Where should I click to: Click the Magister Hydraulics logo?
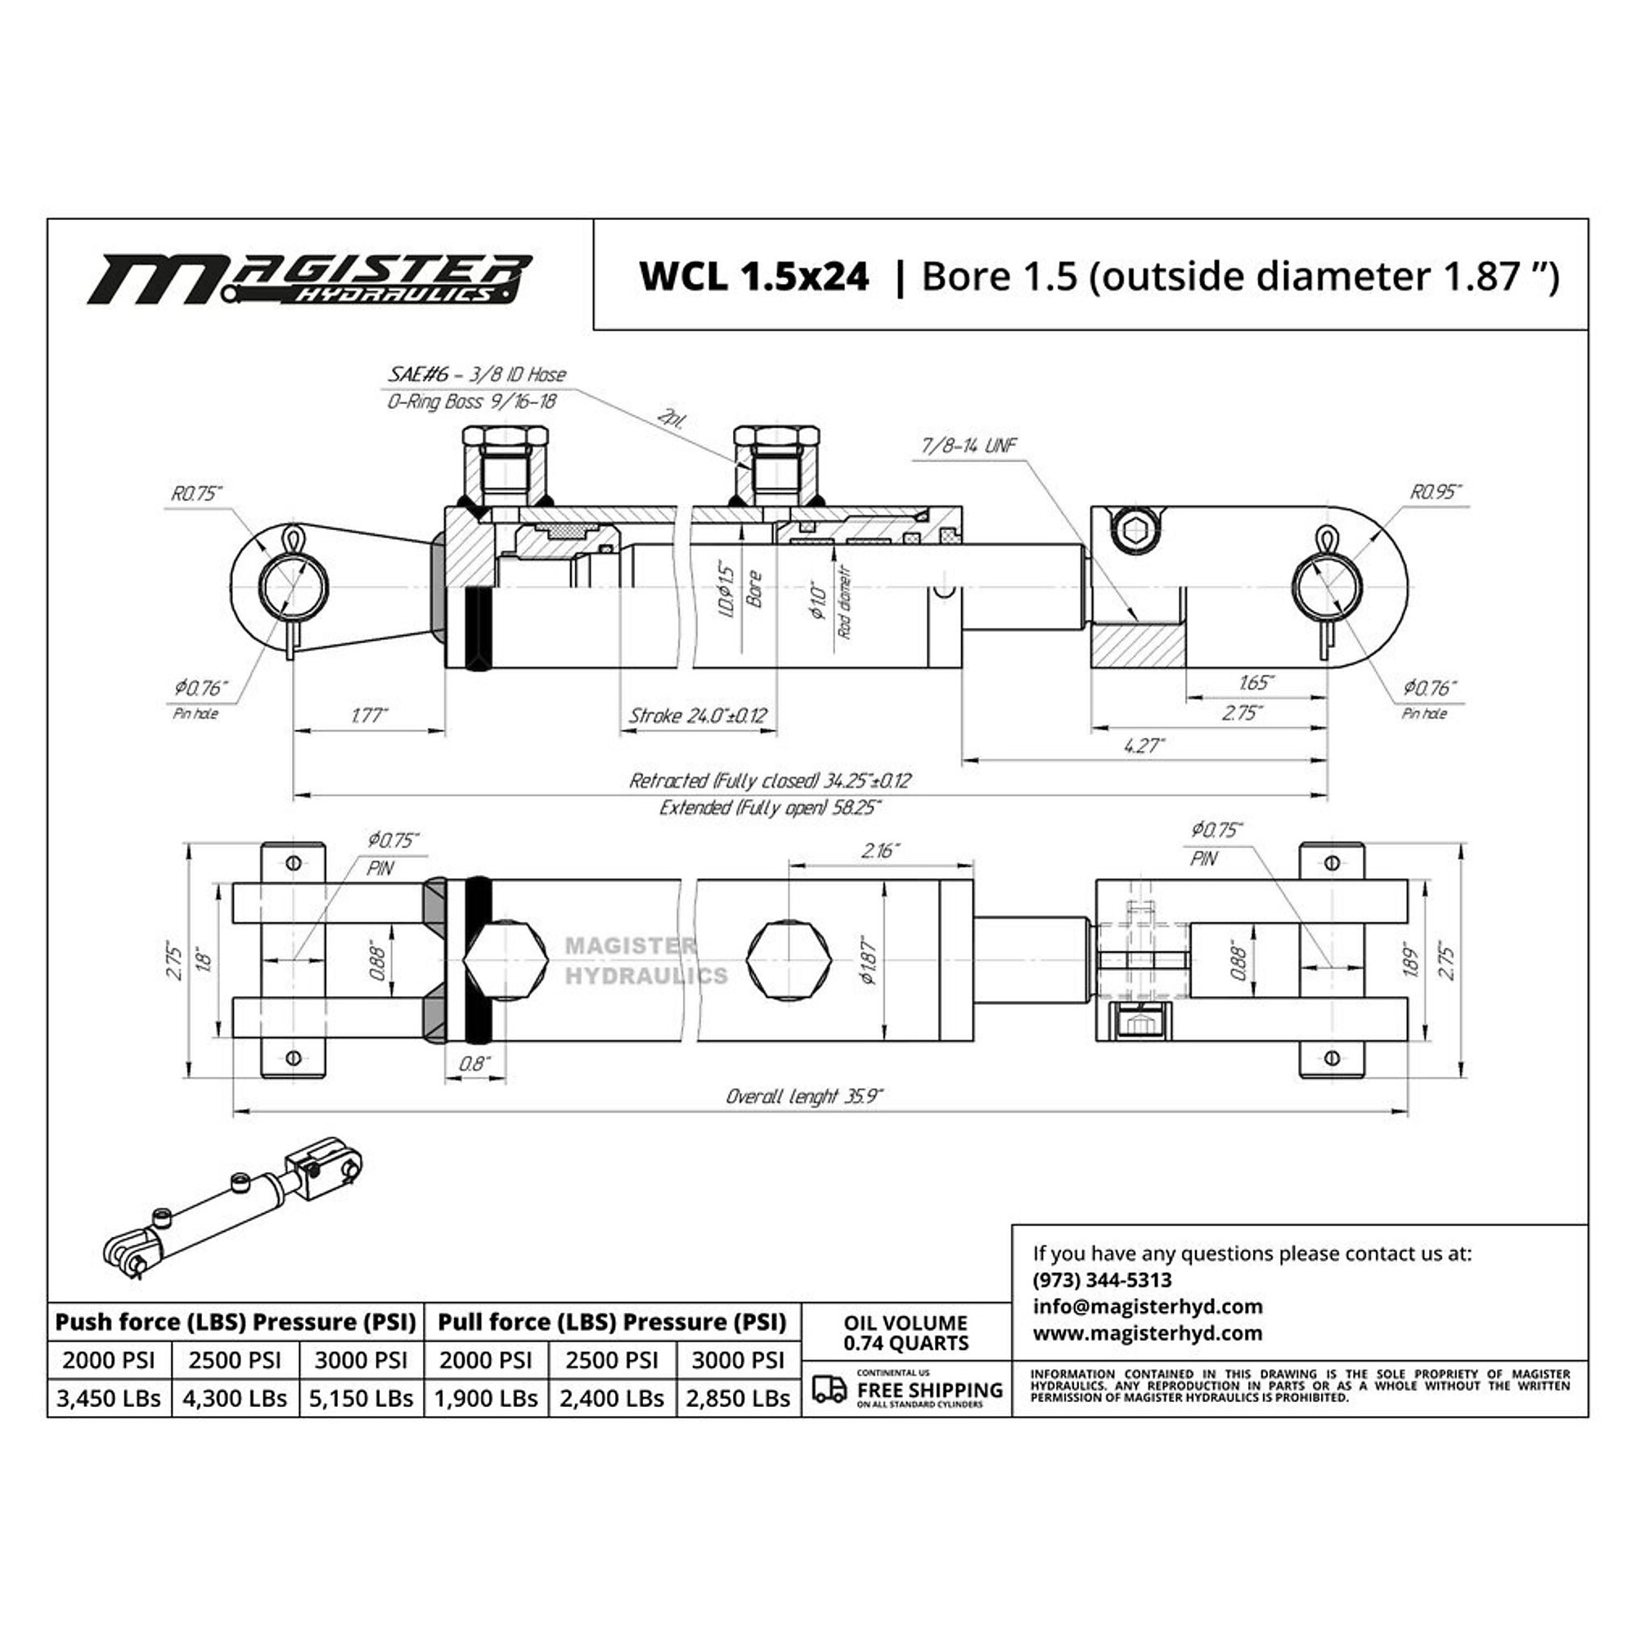[310, 279]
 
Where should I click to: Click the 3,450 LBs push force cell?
[109, 1398]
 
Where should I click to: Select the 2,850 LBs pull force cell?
[739, 1398]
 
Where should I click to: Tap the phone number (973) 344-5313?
[1102, 1279]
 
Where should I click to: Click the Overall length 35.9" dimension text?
[803, 1097]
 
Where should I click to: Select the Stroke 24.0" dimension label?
[697, 716]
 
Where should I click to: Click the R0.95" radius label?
[1436, 492]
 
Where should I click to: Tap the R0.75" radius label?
[196, 492]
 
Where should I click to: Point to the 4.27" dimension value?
[1144, 745]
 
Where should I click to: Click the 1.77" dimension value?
[369, 716]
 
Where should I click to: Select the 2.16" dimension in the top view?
[880, 850]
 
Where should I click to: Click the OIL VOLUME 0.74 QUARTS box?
[906, 1332]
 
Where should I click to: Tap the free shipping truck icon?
[829, 1389]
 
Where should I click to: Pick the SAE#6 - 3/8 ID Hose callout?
[477, 375]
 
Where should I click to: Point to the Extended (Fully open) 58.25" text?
[770, 808]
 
